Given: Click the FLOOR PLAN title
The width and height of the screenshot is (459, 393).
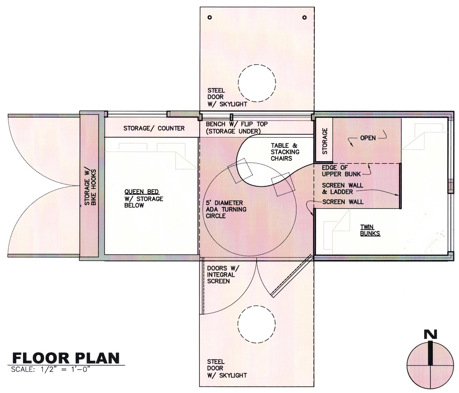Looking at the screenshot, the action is pos(66,358).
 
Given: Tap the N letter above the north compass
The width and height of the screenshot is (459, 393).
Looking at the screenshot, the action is pos(430,334).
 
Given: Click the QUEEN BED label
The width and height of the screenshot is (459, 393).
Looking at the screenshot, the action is pos(142,192).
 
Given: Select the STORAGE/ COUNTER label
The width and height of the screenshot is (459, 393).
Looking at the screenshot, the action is pos(154,128).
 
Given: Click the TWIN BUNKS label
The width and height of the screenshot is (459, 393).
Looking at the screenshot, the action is pos(370,230).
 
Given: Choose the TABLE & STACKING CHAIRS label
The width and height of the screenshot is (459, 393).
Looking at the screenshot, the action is pos(285,152).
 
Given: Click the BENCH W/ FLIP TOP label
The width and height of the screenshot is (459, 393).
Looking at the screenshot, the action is pos(237,124).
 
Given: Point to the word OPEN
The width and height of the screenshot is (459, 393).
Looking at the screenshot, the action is pos(368,138).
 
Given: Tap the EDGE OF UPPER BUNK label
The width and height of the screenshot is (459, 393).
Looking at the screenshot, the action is pos(341,171).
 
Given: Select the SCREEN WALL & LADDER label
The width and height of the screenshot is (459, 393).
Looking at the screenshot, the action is pos(343,189).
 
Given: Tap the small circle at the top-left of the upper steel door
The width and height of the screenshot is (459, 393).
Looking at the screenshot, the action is pos(210,17).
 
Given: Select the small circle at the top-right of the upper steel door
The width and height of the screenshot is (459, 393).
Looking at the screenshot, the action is pos(304,17).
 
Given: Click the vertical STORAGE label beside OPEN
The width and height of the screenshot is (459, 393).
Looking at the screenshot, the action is pos(325,141).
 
